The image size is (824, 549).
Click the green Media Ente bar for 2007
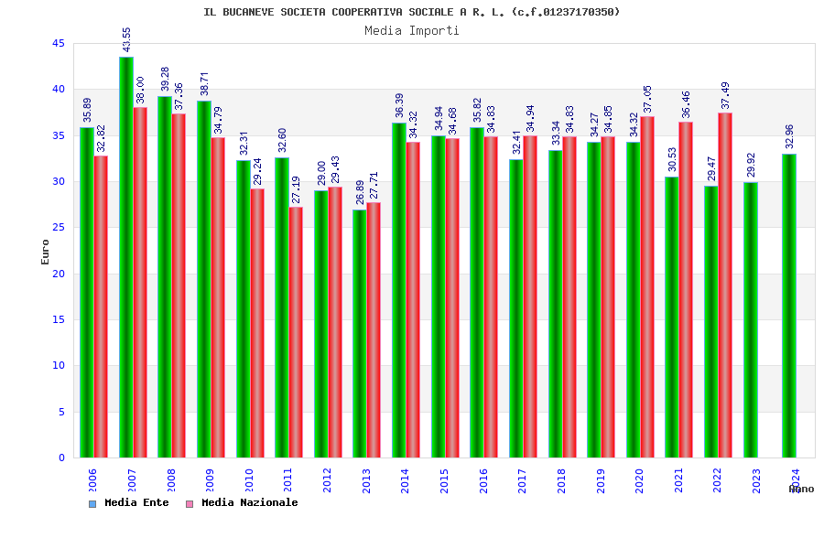[125, 257]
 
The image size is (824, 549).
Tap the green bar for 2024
[789, 306]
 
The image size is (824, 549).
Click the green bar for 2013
[360, 333]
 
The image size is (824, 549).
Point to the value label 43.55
[127, 39]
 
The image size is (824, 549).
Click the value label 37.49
[726, 95]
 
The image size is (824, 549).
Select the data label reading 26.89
[360, 192]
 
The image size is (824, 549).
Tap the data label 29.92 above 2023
[751, 165]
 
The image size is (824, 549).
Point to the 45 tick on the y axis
[58, 43]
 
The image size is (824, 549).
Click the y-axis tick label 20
[58, 274]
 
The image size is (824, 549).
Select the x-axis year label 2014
[406, 481]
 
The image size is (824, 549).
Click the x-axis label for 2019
[601, 481]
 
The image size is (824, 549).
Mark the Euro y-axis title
[46, 253]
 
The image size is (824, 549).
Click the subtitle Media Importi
[412, 30]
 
